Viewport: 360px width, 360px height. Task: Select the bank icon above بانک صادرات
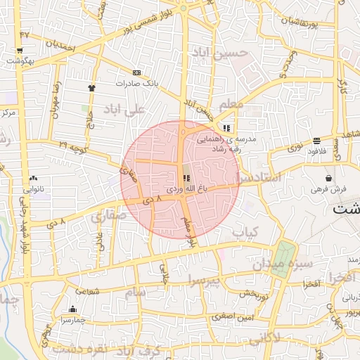click(x=136, y=72)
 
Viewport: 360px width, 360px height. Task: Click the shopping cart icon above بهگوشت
click(x=19, y=51)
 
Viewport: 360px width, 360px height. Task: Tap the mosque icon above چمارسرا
click(x=73, y=309)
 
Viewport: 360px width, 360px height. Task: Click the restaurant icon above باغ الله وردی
click(x=186, y=179)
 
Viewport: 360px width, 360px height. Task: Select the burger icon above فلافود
click(x=316, y=141)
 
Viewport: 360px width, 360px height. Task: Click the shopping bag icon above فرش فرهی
click(x=328, y=178)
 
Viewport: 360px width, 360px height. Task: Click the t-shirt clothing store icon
click(x=91, y=88)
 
